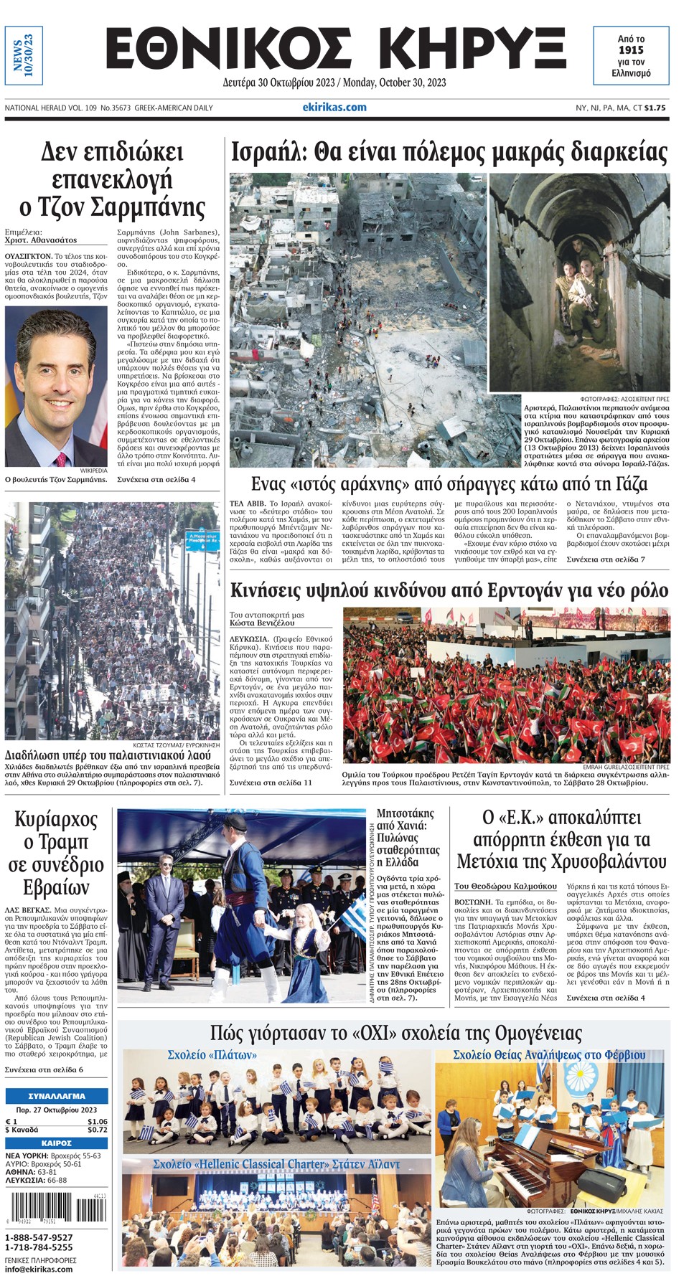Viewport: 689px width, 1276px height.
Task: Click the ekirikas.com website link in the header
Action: point(334,108)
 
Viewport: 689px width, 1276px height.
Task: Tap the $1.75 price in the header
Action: point(655,108)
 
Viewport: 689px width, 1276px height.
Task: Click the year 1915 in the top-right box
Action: point(631,50)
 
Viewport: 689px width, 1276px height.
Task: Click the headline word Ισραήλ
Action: point(270,152)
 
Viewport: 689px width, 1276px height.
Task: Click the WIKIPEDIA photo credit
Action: point(93,471)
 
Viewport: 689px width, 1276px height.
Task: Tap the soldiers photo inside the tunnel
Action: point(579,283)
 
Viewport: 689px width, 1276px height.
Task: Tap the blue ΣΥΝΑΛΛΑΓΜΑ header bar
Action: point(57,1096)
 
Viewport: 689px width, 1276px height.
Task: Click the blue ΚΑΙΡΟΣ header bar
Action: point(57,1143)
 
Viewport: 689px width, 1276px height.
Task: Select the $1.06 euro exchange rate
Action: point(97,1121)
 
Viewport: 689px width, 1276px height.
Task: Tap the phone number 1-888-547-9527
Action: point(39,1237)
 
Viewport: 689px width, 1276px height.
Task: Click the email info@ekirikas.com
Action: point(39,1269)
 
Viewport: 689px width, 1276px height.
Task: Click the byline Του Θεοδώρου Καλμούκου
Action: point(505,887)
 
